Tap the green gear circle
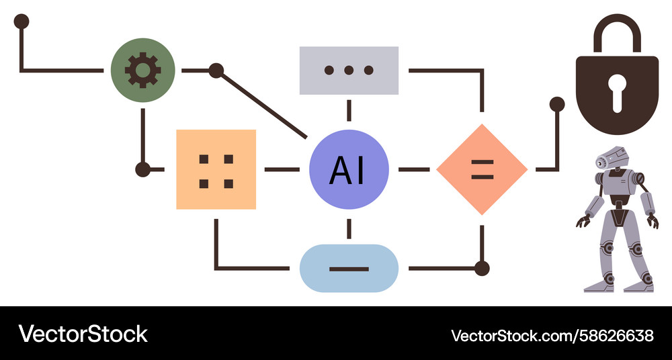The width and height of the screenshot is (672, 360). [142, 70]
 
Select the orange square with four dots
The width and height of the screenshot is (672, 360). [216, 169]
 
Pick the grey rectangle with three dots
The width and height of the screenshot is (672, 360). [349, 70]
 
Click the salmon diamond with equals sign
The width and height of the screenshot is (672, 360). [482, 169]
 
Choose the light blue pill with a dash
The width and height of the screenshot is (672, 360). [349, 269]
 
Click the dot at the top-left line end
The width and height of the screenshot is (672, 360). [22, 21]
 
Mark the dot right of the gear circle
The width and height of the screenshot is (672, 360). [216, 70]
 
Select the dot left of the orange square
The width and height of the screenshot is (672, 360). [142, 169]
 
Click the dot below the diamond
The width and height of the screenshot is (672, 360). [482, 269]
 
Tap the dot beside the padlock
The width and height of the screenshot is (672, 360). [557, 104]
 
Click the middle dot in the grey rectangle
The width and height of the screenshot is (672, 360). [349, 70]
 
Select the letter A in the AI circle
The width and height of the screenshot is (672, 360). [338, 170]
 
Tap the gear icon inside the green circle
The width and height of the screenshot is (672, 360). [142, 70]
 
